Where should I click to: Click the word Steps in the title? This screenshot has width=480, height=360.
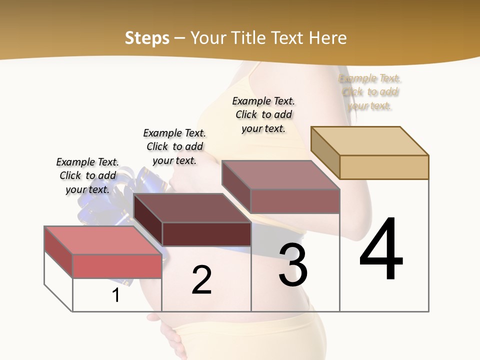[147, 38]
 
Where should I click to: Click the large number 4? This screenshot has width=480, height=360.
[381, 249]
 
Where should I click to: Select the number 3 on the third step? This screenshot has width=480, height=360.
[293, 265]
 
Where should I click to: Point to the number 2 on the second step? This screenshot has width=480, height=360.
[201, 280]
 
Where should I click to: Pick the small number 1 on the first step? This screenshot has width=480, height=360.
[115, 295]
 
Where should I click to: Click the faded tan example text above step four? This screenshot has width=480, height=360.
[370, 92]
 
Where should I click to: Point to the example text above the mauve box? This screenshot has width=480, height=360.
[263, 114]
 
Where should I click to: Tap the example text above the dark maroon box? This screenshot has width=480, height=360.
[174, 146]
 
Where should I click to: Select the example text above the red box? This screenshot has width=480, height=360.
[87, 175]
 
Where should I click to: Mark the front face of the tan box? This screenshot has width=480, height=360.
[384, 167]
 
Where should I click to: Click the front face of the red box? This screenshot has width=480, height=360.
[117, 266]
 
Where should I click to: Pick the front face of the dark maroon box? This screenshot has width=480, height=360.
[206, 234]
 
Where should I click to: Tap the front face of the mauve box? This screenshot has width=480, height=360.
[295, 201]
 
